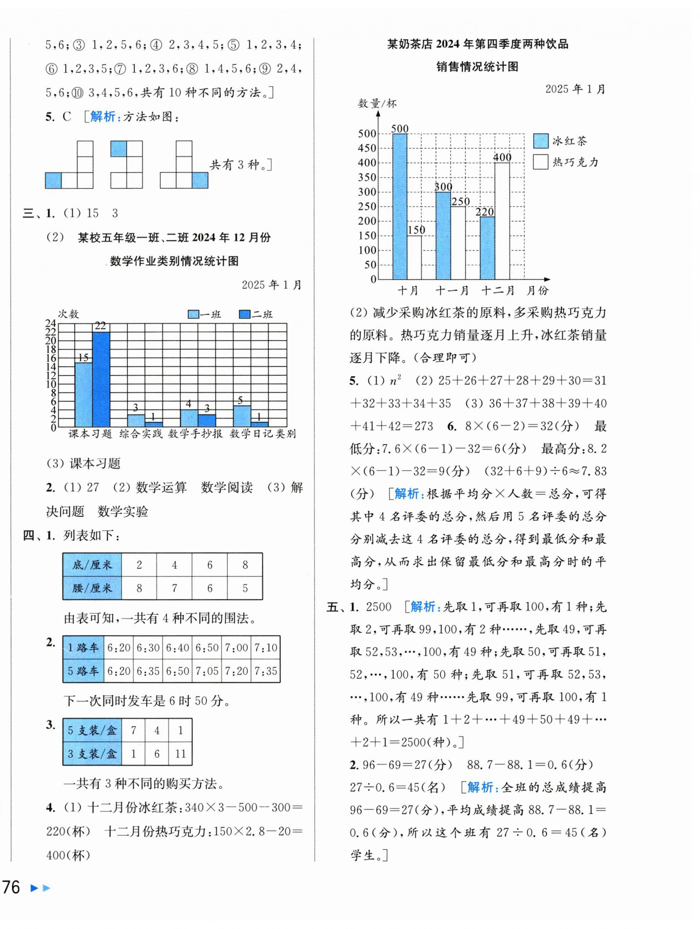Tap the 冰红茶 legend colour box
[540, 141]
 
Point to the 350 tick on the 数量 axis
[367, 177]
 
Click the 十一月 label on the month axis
[452, 290]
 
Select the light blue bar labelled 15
[84, 395]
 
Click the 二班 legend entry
[256, 314]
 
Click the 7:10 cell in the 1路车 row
[265, 647]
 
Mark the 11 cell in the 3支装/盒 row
[180, 754]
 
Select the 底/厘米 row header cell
[92, 565]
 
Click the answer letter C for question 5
[67, 117]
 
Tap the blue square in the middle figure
[118, 149]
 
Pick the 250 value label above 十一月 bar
[460, 202]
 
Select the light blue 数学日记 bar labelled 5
[241, 416]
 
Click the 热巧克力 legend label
[575, 162]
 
